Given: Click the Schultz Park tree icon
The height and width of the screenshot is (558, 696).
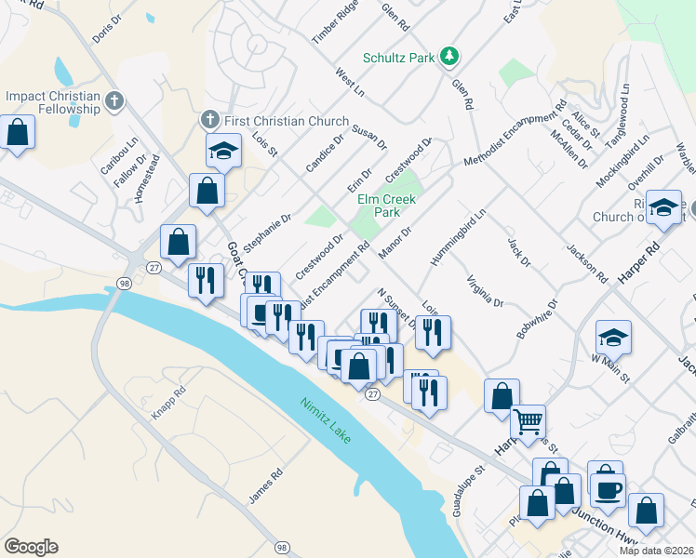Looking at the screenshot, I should (449, 57).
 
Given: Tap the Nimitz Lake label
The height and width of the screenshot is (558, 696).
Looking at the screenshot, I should (325, 421).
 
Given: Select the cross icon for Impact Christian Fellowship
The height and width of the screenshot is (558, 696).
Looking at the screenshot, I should (114, 99).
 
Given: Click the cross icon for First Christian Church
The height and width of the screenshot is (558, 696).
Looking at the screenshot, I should (208, 120).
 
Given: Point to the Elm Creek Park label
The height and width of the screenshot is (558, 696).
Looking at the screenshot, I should (386, 205).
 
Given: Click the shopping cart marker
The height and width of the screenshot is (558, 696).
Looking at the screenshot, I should (528, 422).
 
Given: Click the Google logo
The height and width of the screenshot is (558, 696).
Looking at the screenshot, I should (31, 547).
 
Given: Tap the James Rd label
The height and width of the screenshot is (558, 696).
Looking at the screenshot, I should (265, 486).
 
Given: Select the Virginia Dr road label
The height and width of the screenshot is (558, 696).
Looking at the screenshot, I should (485, 290).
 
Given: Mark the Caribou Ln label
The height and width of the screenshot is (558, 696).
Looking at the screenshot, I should (118, 160).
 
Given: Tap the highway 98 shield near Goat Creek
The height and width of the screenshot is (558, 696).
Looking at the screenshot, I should (123, 282).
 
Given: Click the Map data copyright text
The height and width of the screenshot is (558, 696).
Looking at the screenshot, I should (656, 551).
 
